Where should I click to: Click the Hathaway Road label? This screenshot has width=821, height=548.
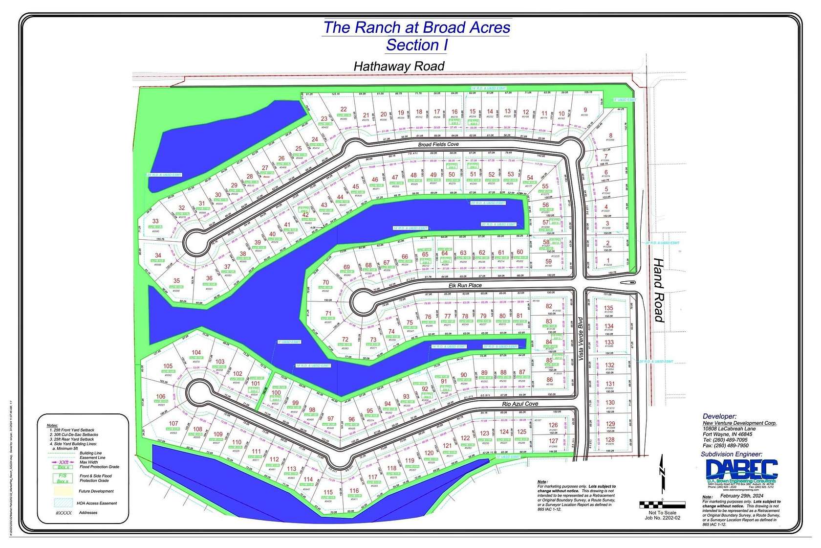pos(399,66)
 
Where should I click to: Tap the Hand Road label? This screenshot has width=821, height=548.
pos(659,290)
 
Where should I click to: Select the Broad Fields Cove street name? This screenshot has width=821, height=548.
pos(438,145)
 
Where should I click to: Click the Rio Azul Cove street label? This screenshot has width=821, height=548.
pos(520,404)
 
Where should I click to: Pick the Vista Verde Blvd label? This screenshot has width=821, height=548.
pos(581,344)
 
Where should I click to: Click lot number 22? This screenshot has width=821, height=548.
pos(344,110)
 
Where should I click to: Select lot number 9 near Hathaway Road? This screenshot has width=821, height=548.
pos(585,110)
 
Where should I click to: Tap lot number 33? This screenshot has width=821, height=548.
pos(155,222)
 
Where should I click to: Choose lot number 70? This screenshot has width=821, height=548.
pos(326,283)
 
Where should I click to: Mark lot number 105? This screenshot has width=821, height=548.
pos(168,366)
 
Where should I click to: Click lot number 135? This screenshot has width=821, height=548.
pos(608,308)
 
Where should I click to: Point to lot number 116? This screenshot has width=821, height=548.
pos(354,491)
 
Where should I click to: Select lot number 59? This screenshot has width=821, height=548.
pos(548,262)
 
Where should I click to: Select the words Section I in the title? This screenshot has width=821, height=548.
pos(416,45)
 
